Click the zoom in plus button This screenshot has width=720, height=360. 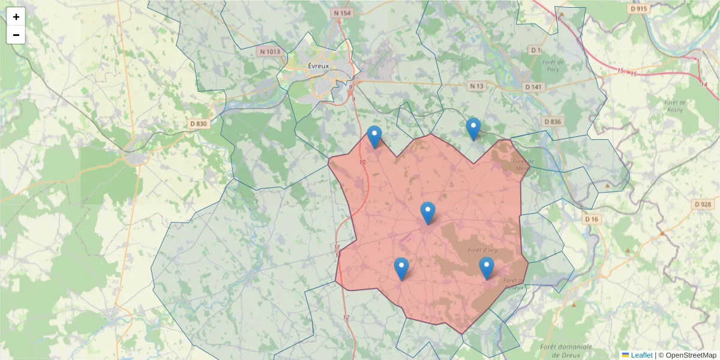[16, 17]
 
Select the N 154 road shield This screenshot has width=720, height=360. [342, 13]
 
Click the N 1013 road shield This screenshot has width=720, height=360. [270, 52]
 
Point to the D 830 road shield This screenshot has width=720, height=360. [198, 124]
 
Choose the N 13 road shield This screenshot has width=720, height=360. [476, 86]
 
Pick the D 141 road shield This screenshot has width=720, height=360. [533, 87]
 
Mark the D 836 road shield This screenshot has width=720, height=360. [553, 122]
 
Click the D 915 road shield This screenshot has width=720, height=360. [639, 9]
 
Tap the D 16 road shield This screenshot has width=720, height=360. [592, 219]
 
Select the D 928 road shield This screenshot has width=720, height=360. [703, 205]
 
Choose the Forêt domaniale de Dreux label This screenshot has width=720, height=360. [566, 350]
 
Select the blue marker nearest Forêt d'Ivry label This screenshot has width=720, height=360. [487, 268]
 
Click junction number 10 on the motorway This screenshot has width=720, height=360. [362, 163]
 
